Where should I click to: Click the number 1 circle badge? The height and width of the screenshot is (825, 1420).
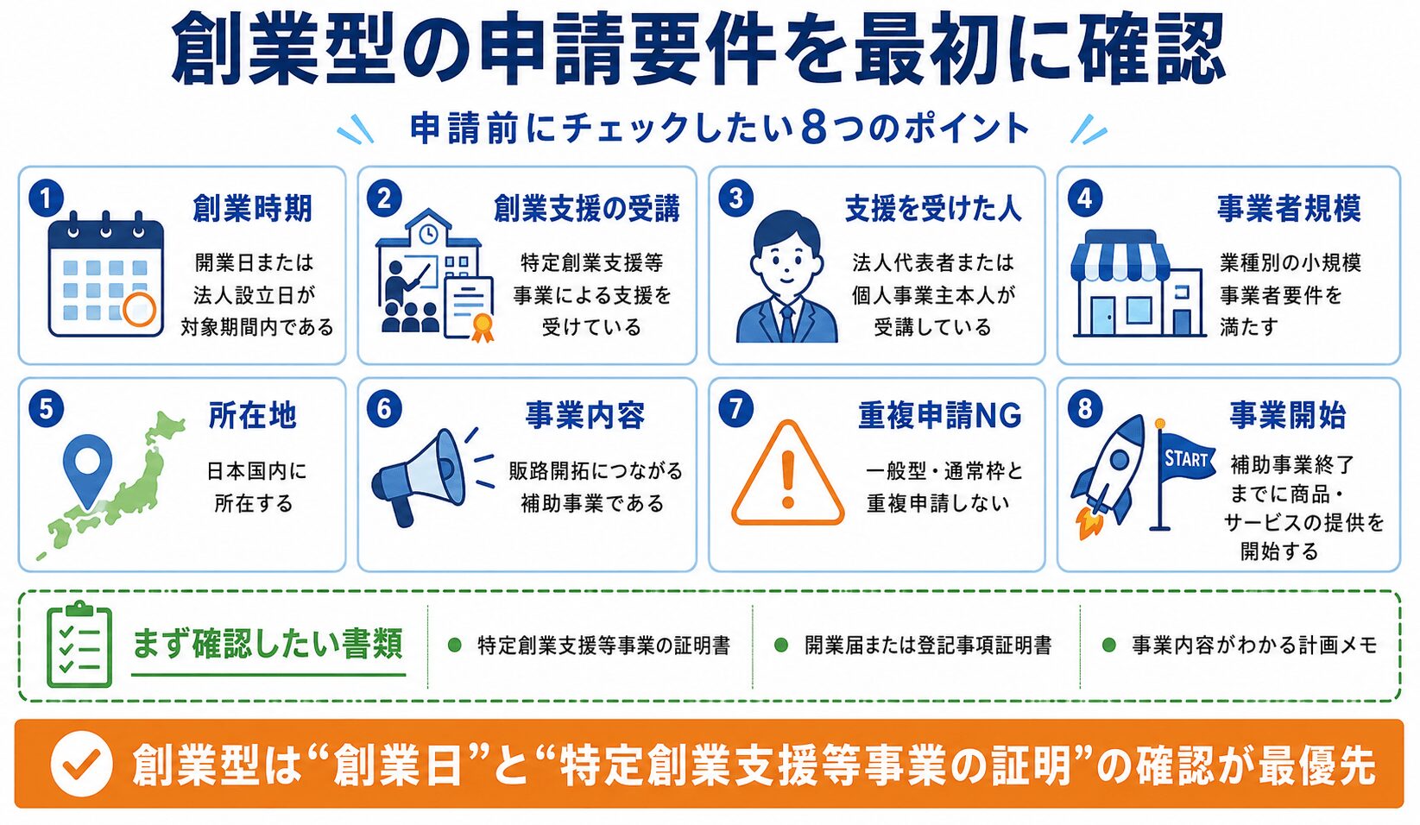47,198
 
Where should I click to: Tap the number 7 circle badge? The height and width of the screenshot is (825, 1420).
736,409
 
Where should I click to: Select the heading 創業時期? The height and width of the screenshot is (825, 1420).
252,209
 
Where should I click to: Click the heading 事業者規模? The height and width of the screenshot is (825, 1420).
1289,209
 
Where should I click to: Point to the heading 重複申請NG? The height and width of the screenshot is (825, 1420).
939,416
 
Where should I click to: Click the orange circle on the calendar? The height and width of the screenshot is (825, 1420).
139,309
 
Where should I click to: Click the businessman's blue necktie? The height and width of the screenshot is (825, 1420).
786,324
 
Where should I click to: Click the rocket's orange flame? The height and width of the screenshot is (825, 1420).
1089,523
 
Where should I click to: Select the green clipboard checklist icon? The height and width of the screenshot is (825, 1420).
79,644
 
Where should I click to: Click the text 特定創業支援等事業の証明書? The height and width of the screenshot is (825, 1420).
603,646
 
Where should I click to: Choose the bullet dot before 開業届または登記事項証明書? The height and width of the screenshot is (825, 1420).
781,646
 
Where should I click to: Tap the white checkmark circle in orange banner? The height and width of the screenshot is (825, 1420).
81,764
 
